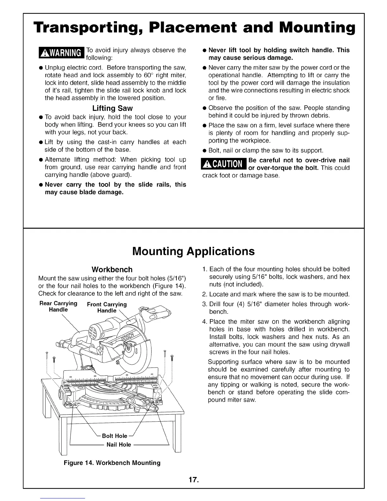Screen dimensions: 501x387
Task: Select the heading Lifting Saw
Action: (x=112, y=108)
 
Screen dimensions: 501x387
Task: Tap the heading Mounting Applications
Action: (x=193, y=251)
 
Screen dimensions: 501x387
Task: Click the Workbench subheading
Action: (x=112, y=269)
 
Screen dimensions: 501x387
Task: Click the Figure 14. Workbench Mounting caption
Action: (x=112, y=463)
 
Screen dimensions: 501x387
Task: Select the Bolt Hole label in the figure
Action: (x=114, y=436)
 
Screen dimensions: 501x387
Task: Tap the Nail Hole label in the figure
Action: (x=119, y=444)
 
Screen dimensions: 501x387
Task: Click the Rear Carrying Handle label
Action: (x=58, y=306)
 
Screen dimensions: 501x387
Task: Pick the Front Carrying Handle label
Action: (x=107, y=307)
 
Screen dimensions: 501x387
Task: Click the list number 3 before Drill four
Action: (x=204, y=304)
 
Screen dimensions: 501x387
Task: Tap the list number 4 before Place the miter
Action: (x=204, y=322)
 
